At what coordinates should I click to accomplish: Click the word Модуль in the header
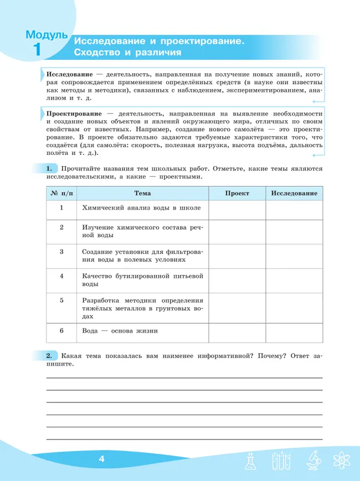point(47,35)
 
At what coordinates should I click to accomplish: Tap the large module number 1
point(37,50)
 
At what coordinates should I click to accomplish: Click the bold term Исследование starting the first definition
point(69,74)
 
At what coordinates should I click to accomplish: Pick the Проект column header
point(237,194)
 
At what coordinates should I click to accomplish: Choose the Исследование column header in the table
point(294,194)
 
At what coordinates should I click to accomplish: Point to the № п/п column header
point(61,194)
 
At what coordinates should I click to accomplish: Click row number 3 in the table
point(61,251)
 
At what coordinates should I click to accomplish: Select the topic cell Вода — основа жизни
point(120,331)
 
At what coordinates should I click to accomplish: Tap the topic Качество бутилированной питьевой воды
point(142,280)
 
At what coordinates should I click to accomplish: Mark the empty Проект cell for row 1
point(237,209)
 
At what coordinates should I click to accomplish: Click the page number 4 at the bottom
point(101,459)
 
